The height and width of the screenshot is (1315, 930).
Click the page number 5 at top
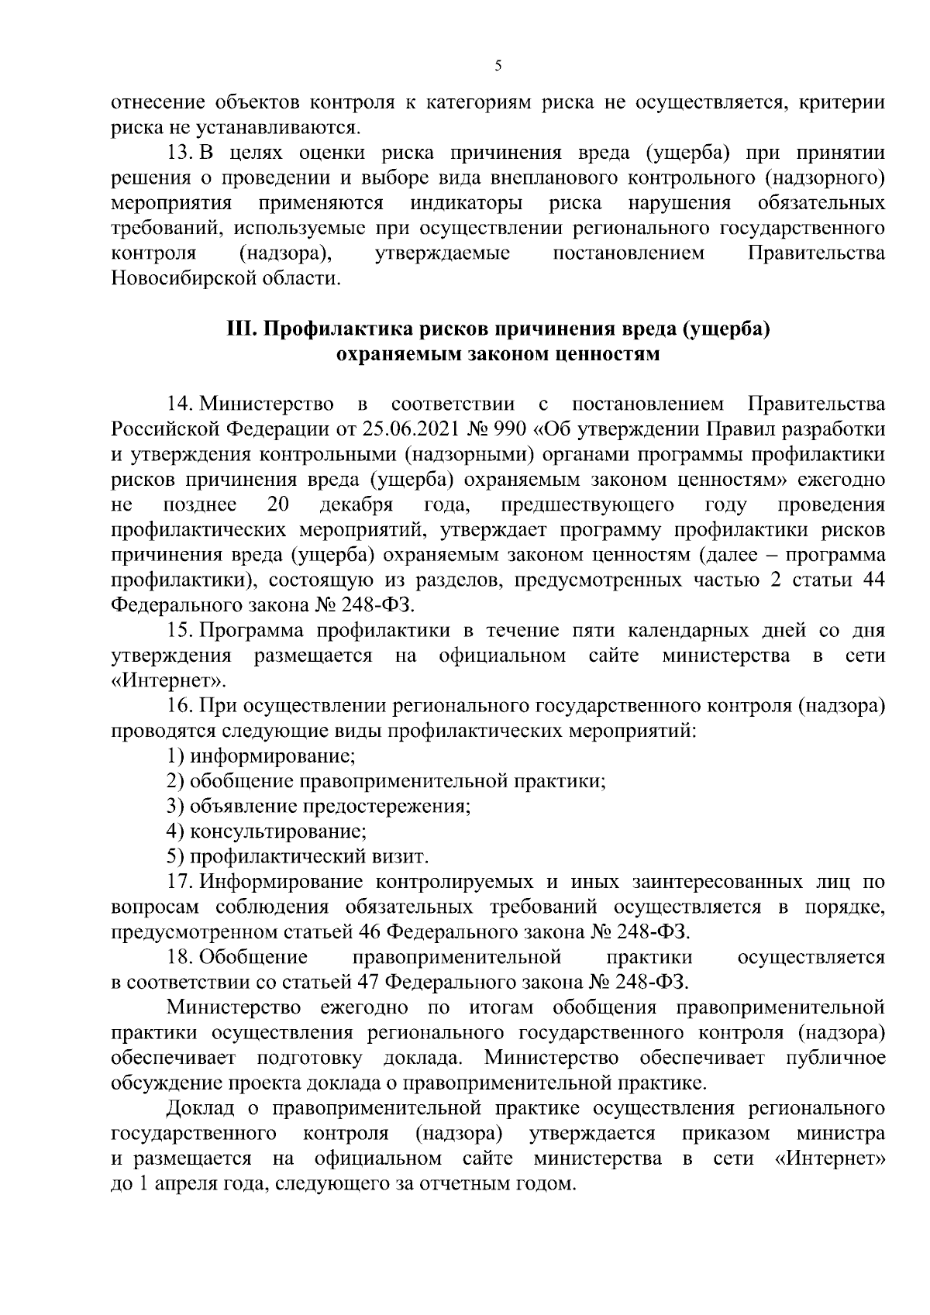[498, 67]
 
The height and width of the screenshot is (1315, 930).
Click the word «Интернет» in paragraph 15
[169, 682]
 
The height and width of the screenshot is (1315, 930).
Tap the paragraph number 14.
[179, 404]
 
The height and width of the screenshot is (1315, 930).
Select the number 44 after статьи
[873, 580]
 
